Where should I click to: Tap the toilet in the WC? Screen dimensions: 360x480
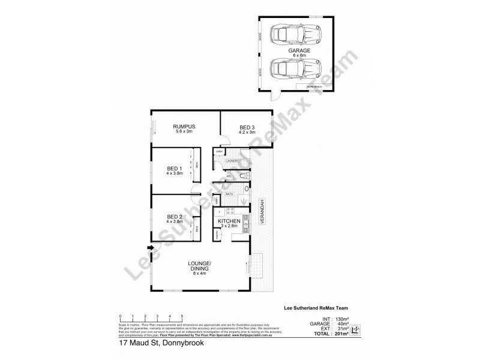coord(241,177)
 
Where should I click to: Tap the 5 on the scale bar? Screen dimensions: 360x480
coord(182,315)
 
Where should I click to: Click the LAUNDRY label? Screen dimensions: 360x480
coord(233,161)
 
